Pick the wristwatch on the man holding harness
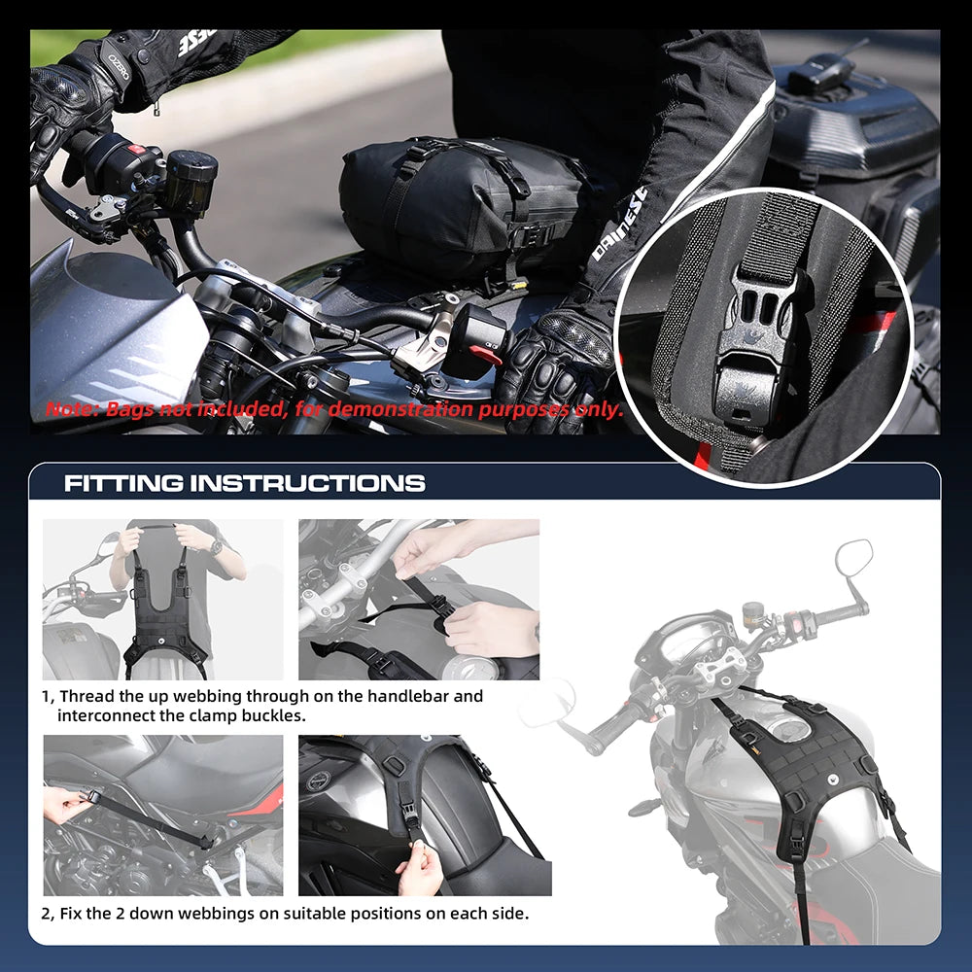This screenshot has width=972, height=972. [x=216, y=547]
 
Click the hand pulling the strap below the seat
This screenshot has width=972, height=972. [x=66, y=804]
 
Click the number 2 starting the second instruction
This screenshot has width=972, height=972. [x=47, y=914]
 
